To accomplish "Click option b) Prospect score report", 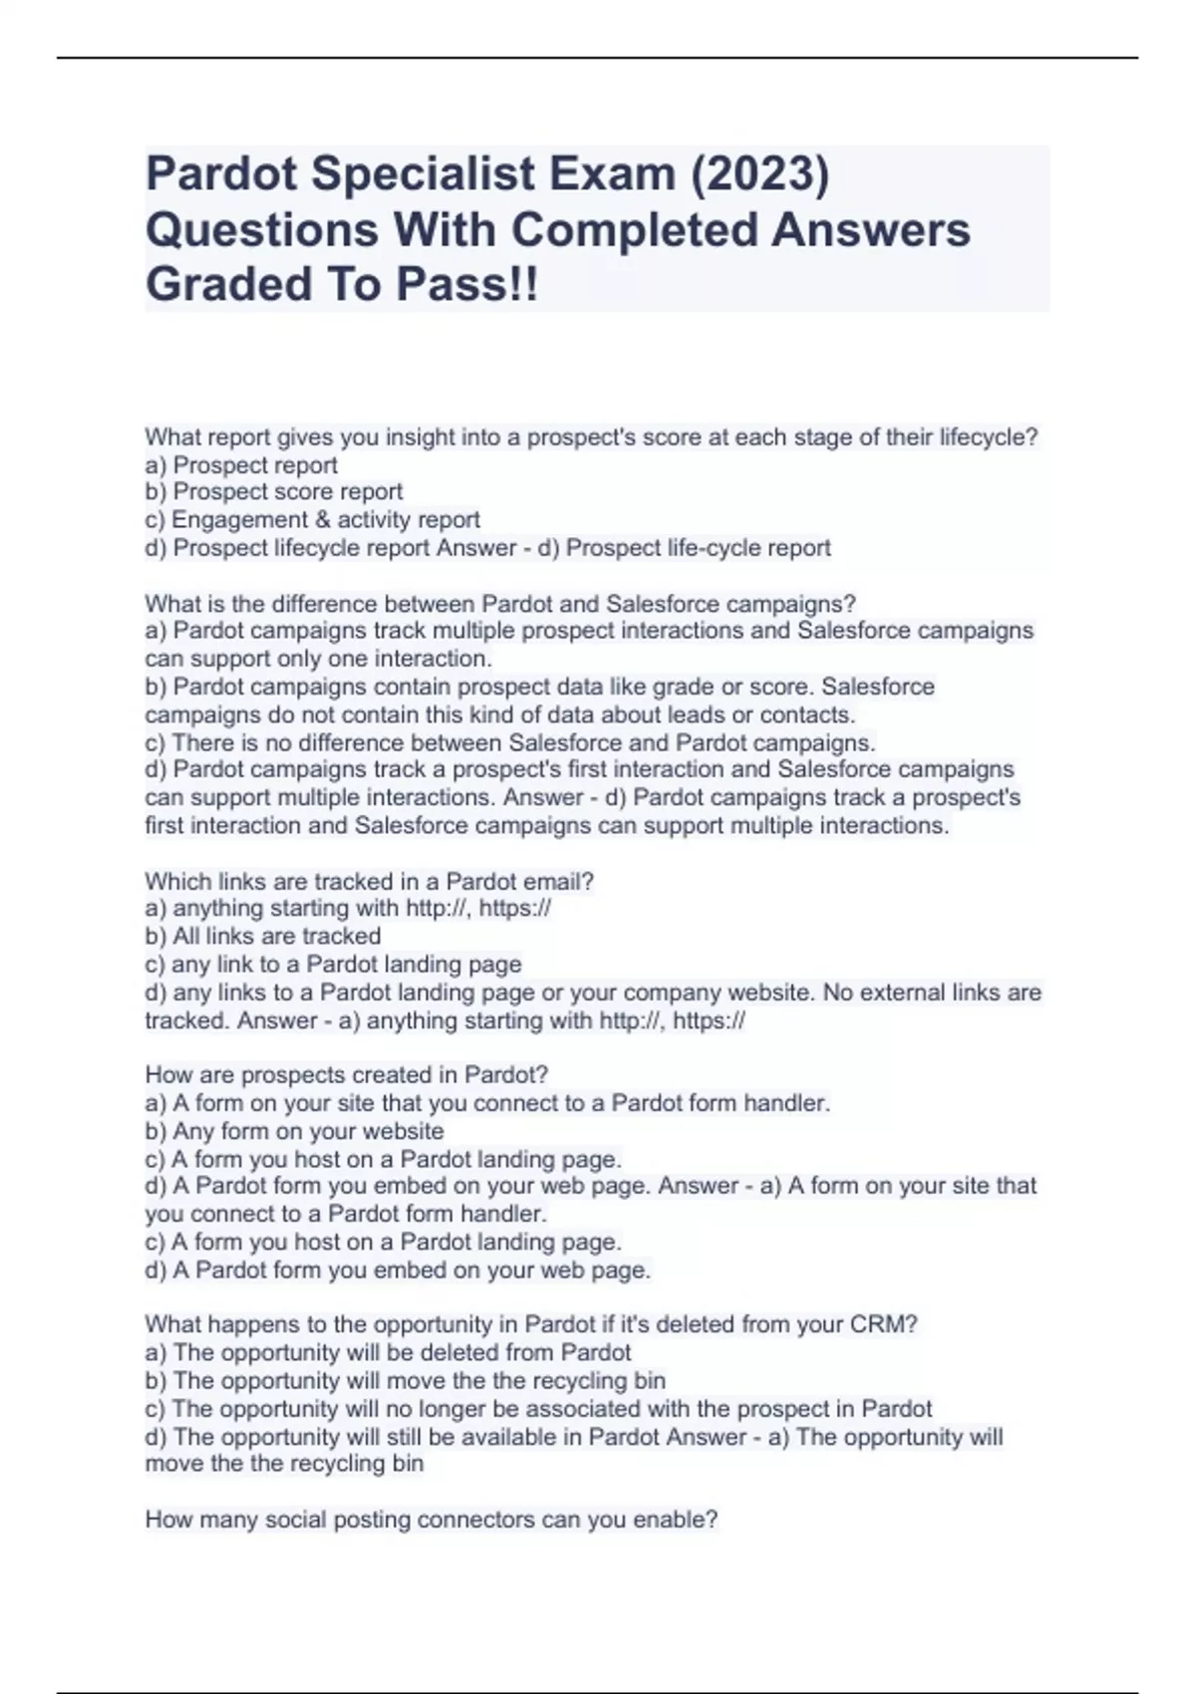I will pos(274,491).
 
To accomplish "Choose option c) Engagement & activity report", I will pos(312,519).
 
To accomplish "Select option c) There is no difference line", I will pos(510,742).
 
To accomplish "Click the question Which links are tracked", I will pos(369,881).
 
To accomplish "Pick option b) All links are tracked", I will pos(263,936).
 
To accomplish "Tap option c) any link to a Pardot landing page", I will pos(333,964).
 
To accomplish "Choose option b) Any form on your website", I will pos(294,1131).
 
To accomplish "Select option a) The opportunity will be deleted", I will pos(388,1352).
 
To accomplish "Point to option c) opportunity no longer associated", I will pos(538,1408).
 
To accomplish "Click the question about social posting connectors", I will pos(431,1520).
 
